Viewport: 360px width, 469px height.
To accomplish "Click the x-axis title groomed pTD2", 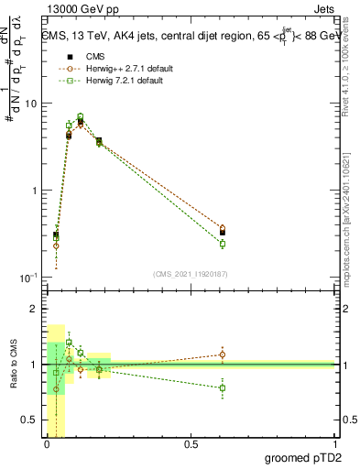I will tap(305, 456).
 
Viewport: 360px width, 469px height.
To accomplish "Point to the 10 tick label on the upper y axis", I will tap(30, 104).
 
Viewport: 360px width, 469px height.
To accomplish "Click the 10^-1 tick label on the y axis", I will tap(27, 277).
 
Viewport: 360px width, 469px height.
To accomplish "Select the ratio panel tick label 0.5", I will tap(30, 420).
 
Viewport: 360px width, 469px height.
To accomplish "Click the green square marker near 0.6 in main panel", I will tap(223, 244).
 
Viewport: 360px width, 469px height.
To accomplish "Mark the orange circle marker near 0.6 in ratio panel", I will tap(223, 354).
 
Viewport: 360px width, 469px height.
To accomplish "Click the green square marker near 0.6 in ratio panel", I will tap(223, 388).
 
